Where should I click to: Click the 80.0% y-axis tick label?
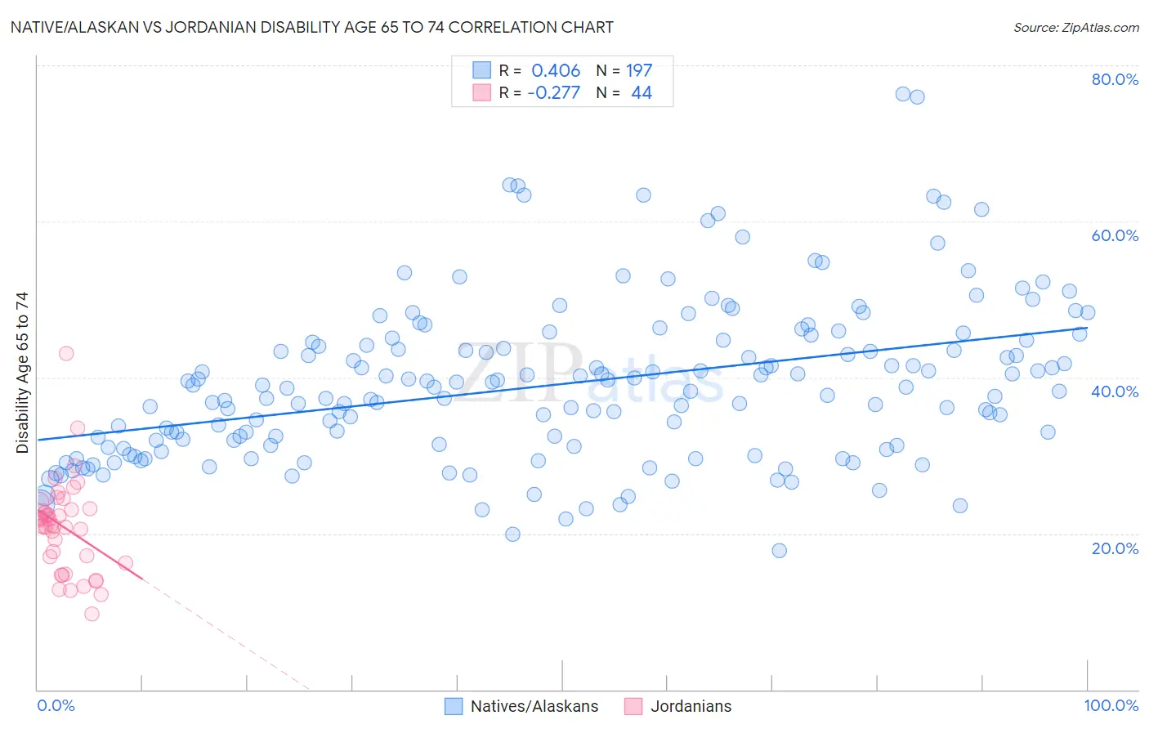point(1115,79)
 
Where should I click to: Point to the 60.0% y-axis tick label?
point(1115,235)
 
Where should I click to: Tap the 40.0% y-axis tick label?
point(1115,391)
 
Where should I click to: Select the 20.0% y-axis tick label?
point(1115,548)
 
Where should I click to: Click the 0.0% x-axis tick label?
point(56,706)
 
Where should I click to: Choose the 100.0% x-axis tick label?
point(1111,706)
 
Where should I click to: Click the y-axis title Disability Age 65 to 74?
point(22,372)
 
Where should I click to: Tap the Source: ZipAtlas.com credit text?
point(1075,27)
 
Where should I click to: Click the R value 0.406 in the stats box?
point(556,71)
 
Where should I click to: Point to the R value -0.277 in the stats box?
point(553,93)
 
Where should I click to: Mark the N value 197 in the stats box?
point(639,71)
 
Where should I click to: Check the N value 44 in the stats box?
point(642,93)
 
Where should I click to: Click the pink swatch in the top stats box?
point(482,92)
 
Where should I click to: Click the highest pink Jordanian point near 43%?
point(66,353)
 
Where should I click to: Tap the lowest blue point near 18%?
point(780,551)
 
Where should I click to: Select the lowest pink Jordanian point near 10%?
point(92,614)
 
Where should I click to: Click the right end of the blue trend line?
point(1087,328)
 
